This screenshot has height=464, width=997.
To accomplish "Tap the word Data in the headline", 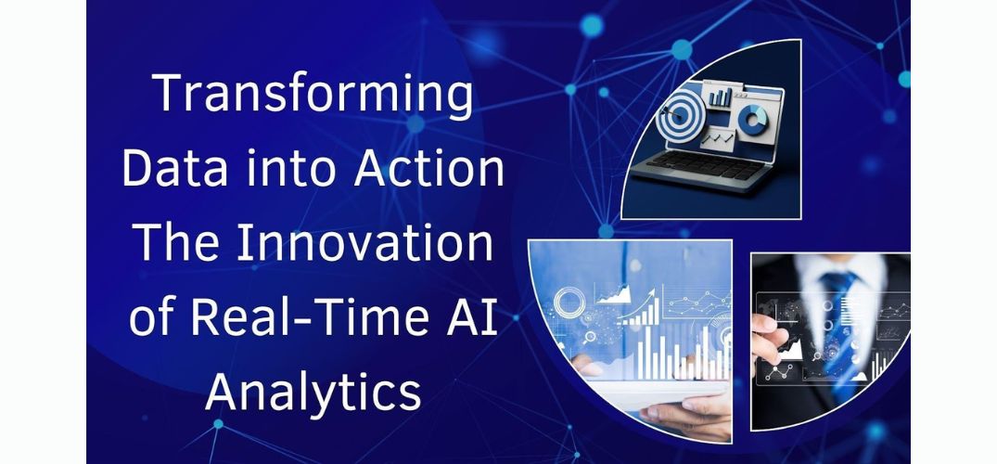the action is click(x=164, y=169).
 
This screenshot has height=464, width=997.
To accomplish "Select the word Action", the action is click(x=429, y=169).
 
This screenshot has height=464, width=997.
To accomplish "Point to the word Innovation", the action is click(x=365, y=243).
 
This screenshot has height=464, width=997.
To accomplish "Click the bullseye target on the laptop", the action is click(x=678, y=115).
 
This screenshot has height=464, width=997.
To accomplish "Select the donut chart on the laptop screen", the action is click(x=753, y=120).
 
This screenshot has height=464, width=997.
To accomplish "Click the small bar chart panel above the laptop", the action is click(x=721, y=96).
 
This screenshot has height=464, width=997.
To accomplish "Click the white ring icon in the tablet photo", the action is click(x=569, y=303).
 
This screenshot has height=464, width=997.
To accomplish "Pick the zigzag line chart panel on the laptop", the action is click(x=717, y=136).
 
